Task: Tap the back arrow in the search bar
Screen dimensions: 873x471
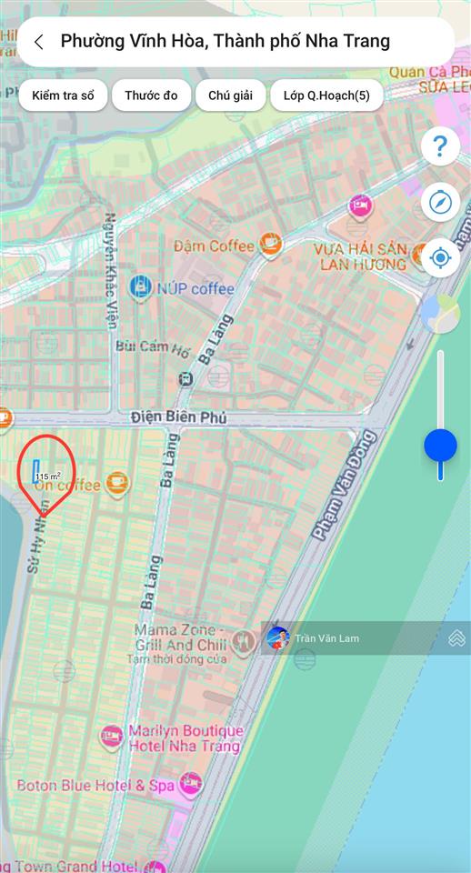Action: click(38, 42)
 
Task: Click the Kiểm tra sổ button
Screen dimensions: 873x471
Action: click(63, 95)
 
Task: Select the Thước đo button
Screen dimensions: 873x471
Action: click(151, 95)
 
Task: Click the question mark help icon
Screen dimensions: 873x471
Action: click(440, 146)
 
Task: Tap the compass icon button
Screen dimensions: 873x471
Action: click(440, 202)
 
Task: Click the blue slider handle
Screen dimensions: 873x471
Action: click(440, 446)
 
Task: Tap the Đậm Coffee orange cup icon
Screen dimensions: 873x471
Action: click(269, 244)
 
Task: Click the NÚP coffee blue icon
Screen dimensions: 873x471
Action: click(141, 288)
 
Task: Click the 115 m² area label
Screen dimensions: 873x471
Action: click(48, 476)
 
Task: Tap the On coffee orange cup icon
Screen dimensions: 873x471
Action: click(117, 483)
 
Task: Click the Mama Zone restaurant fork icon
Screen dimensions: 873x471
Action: click(242, 642)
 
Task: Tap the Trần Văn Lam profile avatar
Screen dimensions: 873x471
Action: click(278, 638)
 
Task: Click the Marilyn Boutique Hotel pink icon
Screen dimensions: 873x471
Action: click(112, 738)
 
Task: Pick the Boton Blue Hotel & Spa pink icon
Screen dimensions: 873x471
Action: click(190, 784)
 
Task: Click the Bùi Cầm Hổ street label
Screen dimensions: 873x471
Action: click(153, 347)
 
